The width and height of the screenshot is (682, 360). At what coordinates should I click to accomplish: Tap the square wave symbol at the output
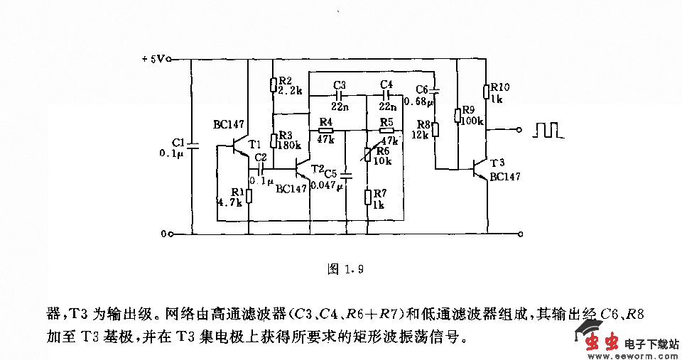549,130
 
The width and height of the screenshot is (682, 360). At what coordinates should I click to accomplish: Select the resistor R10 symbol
487,92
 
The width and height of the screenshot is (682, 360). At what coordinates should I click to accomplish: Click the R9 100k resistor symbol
457,116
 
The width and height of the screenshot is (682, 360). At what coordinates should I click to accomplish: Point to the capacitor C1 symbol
193,146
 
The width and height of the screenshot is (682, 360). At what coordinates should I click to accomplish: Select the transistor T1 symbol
241,146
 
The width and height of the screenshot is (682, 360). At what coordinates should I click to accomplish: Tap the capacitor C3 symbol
339,93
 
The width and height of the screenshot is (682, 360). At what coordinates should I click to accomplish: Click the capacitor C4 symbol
386,93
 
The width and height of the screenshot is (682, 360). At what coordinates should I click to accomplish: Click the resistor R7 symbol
367,196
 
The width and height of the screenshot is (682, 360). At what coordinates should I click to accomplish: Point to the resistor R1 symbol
249,195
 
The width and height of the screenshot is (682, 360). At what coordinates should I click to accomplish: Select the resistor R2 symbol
273,85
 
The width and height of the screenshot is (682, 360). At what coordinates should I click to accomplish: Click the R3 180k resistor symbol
273,140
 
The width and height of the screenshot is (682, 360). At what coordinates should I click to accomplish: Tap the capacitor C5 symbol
346,174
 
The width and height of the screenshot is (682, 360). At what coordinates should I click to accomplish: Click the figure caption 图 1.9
345,269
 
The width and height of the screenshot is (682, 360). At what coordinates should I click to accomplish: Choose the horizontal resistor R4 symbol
325,131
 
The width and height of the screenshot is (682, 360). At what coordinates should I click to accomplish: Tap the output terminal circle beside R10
521,130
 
